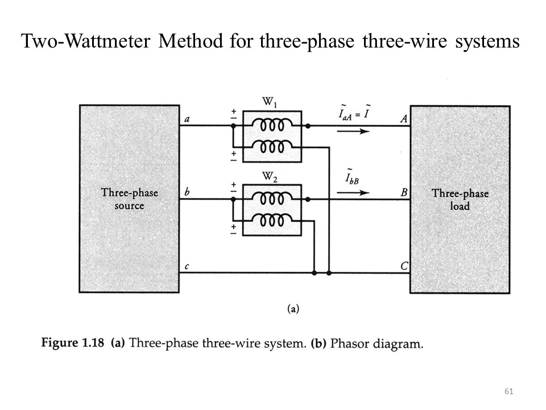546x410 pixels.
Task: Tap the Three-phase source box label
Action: coord(130,199)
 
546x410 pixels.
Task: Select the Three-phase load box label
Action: coord(460,199)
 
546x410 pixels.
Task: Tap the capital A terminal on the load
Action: coord(404,118)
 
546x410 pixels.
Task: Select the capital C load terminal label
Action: coord(404,266)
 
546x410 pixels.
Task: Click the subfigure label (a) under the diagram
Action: coord(293,309)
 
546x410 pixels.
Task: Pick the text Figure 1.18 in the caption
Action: coord(75,344)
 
